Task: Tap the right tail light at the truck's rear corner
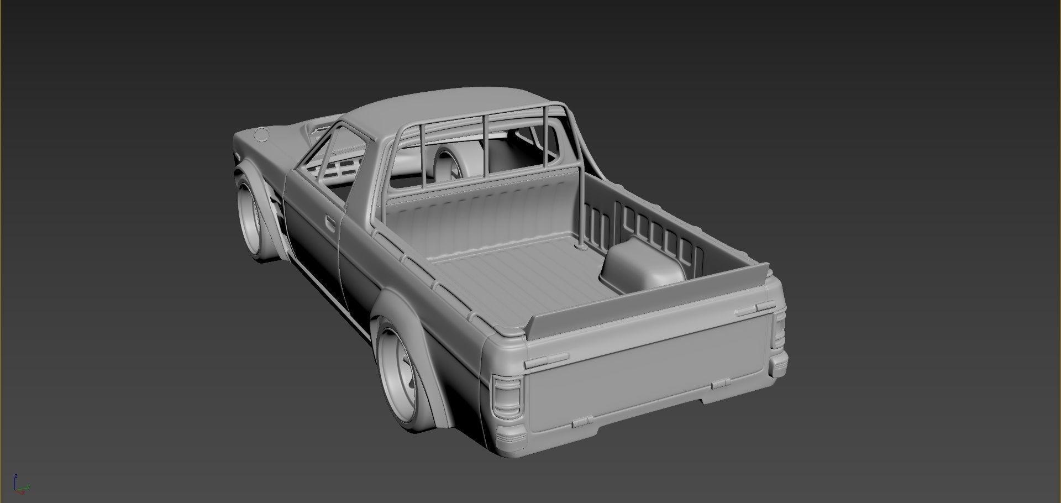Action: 779,332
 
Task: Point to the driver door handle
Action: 330,222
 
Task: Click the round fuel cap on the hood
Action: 260,134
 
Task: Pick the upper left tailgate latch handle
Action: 546,360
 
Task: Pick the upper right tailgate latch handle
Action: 755,309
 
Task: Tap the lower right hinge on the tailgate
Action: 719,384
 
